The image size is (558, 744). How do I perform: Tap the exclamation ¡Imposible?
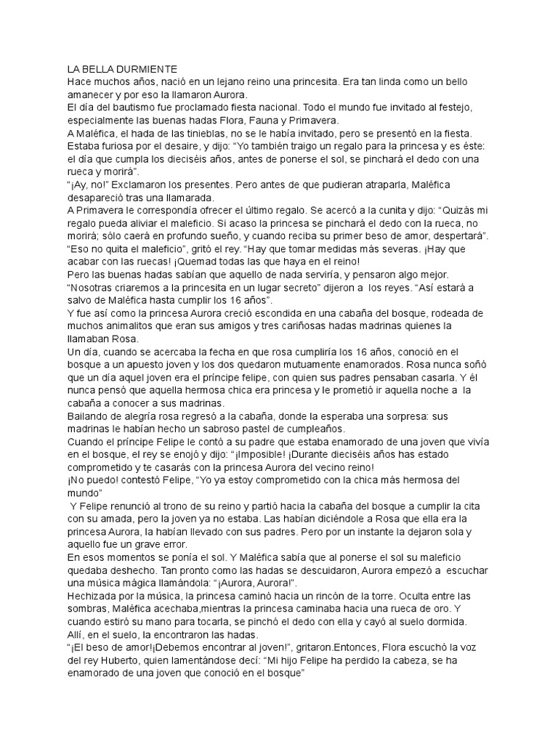(x=269, y=456)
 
